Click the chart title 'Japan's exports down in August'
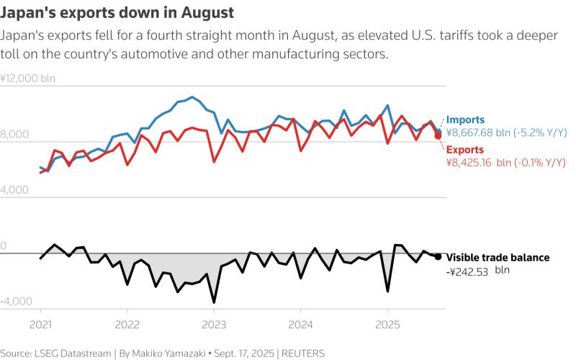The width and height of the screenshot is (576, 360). pos(117,12)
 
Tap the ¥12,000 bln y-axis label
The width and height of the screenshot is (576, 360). pos(28,78)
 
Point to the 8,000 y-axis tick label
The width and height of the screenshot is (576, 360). pos(14,134)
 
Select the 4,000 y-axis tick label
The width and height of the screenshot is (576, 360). pos(14,189)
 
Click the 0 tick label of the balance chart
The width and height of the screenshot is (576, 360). pos(4,246)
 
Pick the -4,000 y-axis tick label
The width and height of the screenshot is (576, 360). pos(16,301)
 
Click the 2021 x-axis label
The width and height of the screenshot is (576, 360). pos(40,325)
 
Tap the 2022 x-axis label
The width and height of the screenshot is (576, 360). pos(127,325)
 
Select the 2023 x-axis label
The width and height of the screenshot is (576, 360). pos(214,325)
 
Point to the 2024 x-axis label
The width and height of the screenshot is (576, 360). pos(300,325)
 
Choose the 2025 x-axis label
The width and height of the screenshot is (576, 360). pos(387,325)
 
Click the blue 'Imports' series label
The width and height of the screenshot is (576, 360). pos(465,120)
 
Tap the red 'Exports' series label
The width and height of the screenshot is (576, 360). pos(464,150)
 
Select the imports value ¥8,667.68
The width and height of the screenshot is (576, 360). pos(469,132)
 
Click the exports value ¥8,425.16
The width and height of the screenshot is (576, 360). pos(469,163)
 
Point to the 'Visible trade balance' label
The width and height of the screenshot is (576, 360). pos(498,258)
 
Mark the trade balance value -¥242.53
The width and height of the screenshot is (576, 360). pos(467,272)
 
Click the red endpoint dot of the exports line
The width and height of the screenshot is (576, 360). pos(438,135)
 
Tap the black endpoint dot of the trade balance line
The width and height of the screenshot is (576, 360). pos(438,256)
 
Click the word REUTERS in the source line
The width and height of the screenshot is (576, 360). pos(303,354)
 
